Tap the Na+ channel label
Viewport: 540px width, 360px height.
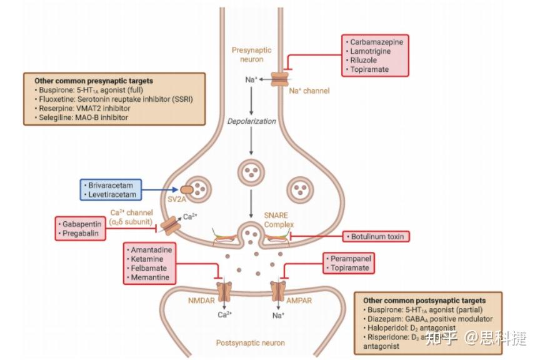click(x=309, y=91)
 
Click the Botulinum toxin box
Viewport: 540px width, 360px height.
click(x=376, y=236)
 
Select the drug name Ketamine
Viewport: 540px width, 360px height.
click(x=147, y=258)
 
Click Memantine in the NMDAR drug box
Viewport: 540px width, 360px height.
click(x=151, y=277)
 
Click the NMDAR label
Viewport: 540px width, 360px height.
click(x=201, y=300)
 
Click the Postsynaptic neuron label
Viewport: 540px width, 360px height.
click(x=250, y=342)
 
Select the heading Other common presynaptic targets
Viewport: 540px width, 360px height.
click(x=93, y=81)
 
